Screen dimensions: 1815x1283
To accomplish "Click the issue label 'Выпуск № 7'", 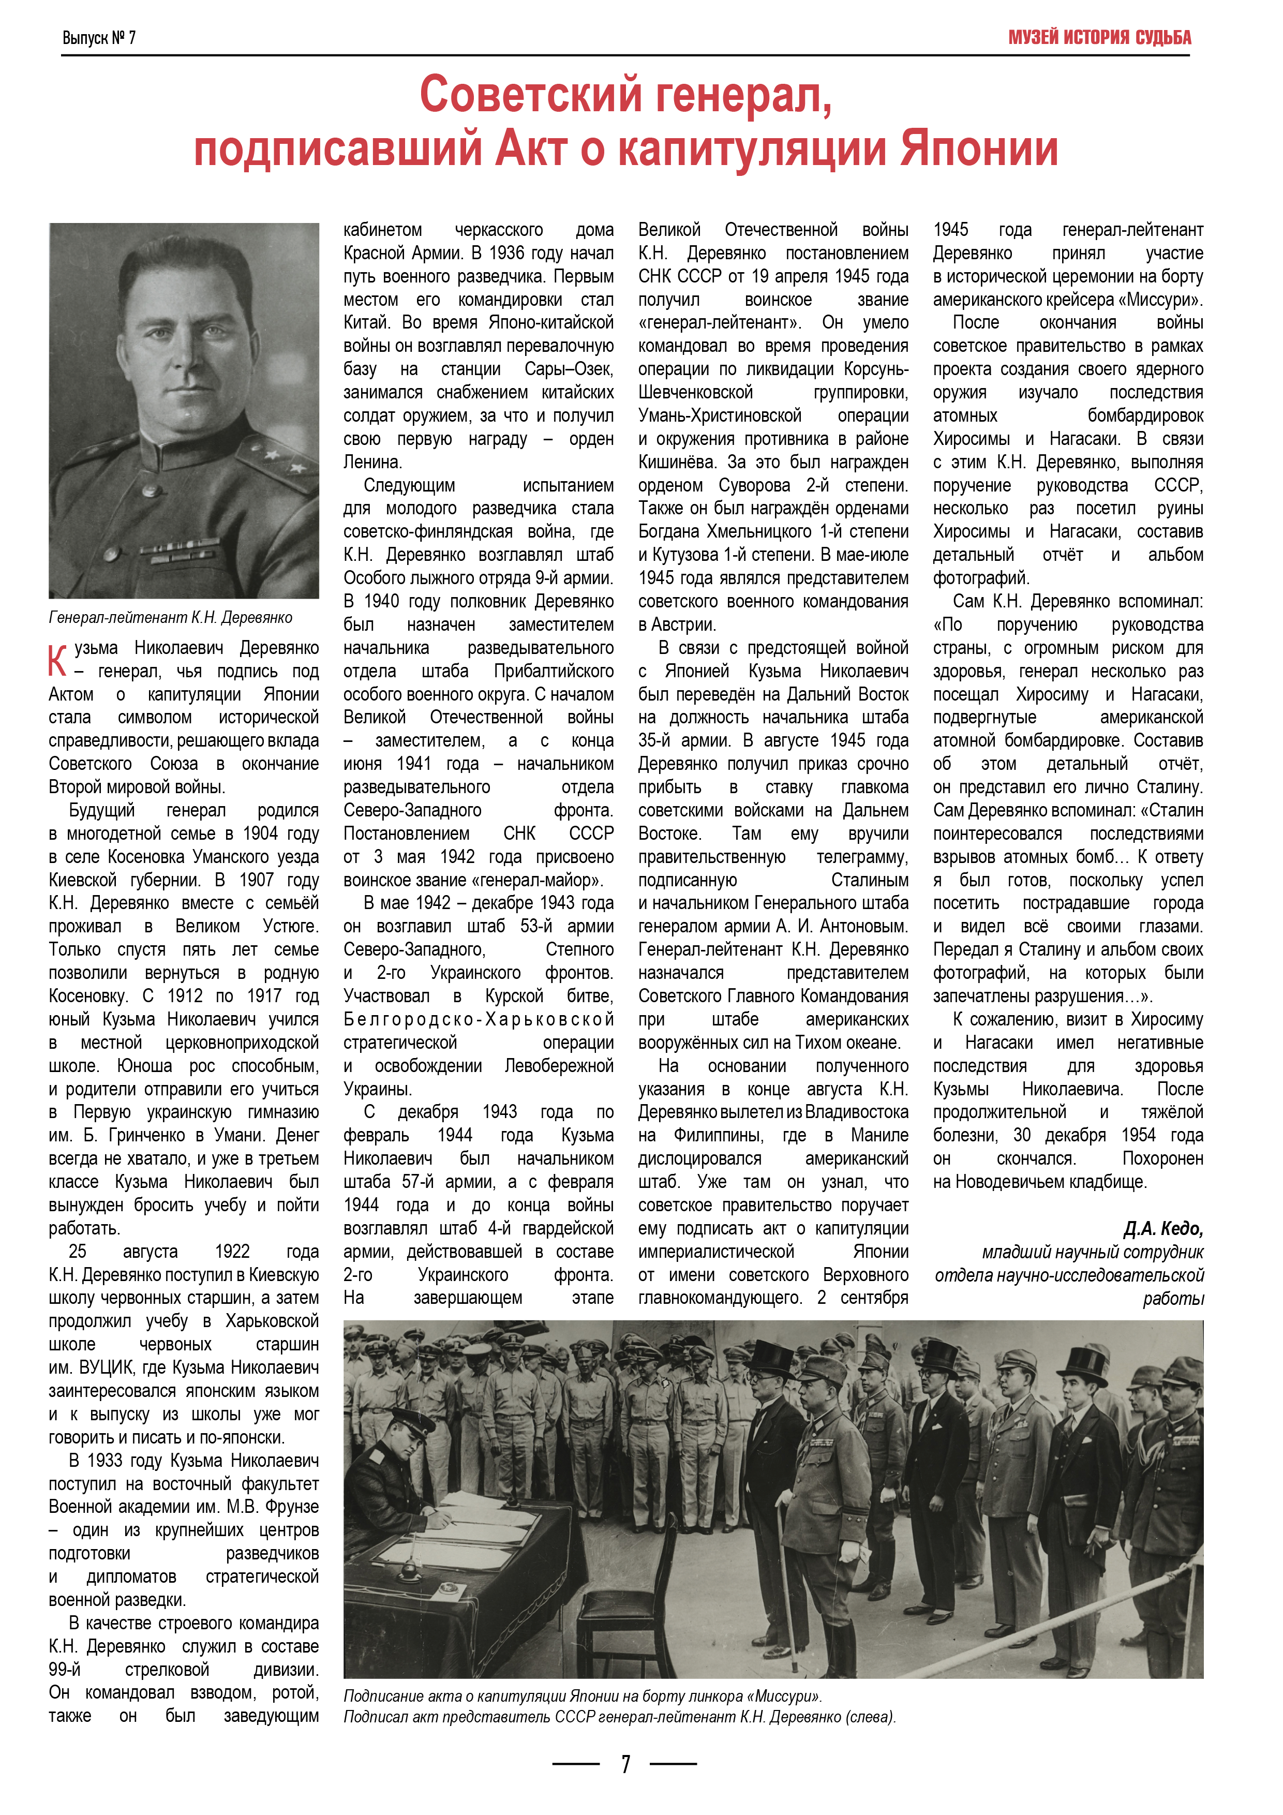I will [x=99, y=38].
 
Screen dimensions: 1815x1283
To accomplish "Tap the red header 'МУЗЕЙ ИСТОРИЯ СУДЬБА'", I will [x=1099, y=37].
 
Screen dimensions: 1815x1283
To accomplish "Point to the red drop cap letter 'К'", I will [x=57, y=661].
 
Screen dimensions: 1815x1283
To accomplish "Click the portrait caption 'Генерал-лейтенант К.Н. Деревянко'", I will [x=171, y=617].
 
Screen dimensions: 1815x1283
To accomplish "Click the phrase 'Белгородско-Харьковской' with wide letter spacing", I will [x=478, y=1020].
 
